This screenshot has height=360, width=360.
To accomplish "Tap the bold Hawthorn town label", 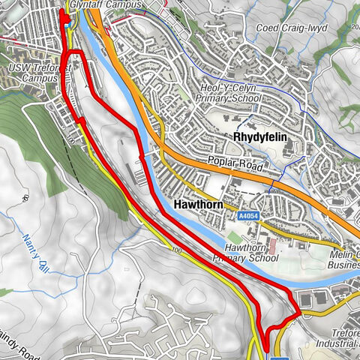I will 199,204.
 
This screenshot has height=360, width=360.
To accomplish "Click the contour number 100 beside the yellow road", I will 176,250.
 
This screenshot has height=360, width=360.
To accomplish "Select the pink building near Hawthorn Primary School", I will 275,245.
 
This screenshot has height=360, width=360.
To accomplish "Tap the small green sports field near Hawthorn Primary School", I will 234,238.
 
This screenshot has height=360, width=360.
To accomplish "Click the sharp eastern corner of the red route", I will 299,310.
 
